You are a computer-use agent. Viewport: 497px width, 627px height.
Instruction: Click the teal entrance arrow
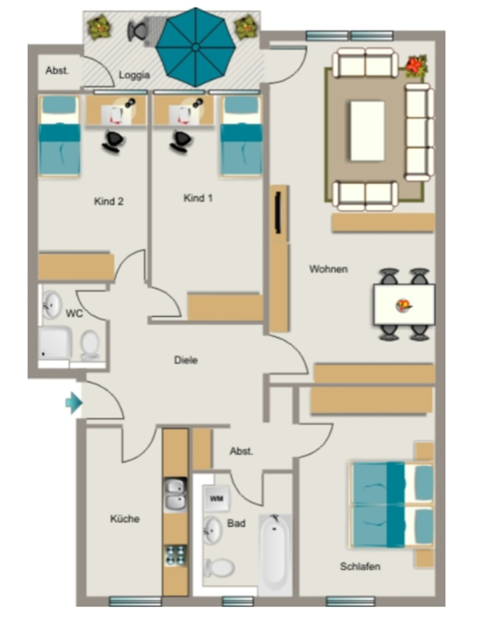click(74, 402)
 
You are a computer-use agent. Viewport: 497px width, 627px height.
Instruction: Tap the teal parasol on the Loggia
click(195, 47)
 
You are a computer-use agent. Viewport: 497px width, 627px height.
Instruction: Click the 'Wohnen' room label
click(328, 269)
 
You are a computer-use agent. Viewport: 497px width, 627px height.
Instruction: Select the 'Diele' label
click(186, 360)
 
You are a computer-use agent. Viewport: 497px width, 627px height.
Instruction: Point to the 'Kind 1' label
click(198, 198)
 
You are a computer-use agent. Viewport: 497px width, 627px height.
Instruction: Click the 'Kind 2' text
click(109, 201)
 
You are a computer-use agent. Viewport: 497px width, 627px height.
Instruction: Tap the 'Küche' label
click(125, 519)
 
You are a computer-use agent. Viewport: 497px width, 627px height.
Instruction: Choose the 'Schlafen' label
click(361, 566)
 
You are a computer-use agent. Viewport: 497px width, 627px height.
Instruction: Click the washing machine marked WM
click(216, 498)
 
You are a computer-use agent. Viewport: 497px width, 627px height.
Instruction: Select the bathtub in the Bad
click(275, 553)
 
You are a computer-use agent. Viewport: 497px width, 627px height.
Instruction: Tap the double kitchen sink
click(176, 494)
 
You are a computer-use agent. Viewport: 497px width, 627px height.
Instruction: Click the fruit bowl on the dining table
click(403, 306)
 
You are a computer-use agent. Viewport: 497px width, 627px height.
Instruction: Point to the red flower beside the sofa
click(416, 66)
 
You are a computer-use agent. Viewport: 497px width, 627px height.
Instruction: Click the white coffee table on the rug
click(367, 131)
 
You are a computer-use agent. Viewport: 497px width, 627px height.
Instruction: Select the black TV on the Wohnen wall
click(278, 212)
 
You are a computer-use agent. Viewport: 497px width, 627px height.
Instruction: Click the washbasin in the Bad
click(212, 530)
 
